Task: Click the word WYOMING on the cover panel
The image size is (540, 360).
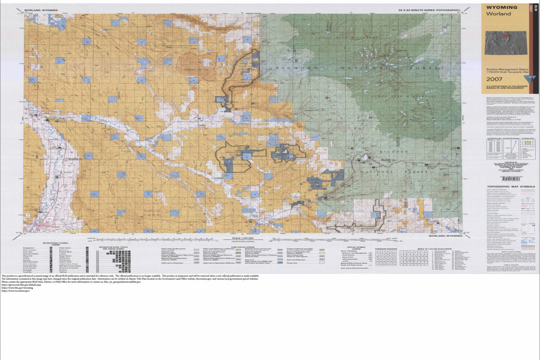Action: pyautogui.click(x=501, y=8)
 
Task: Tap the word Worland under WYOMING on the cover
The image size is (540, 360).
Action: pyautogui.click(x=498, y=14)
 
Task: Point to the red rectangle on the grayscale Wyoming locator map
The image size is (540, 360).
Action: pyautogui.click(x=506, y=35)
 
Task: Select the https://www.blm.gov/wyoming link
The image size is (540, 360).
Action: pyautogui.click(x=15, y=288)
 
